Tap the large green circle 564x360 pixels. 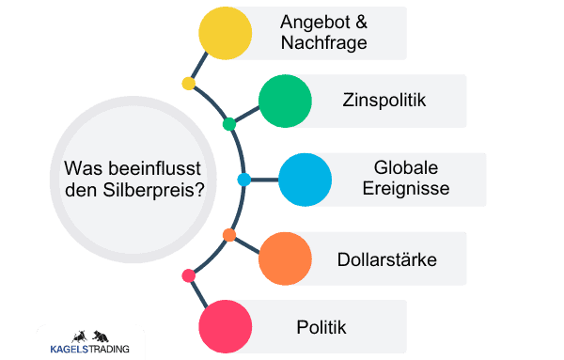pyautogui.click(x=285, y=101)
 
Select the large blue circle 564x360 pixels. pyautogui.click(x=305, y=179)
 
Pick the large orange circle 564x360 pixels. pyautogui.click(x=285, y=258)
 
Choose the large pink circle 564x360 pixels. pyautogui.click(x=226, y=326)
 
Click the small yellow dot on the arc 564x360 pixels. pyautogui.click(x=188, y=84)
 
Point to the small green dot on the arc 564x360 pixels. pyautogui.click(x=229, y=124)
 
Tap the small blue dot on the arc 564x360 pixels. pyautogui.click(x=244, y=179)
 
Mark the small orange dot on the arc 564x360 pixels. pyautogui.click(x=228, y=234)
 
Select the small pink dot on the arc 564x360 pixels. pyautogui.click(x=188, y=275)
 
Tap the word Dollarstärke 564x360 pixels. pyautogui.click(x=387, y=258)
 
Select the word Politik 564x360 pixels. pyautogui.click(x=321, y=327)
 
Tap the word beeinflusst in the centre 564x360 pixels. pyautogui.click(x=160, y=168)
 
